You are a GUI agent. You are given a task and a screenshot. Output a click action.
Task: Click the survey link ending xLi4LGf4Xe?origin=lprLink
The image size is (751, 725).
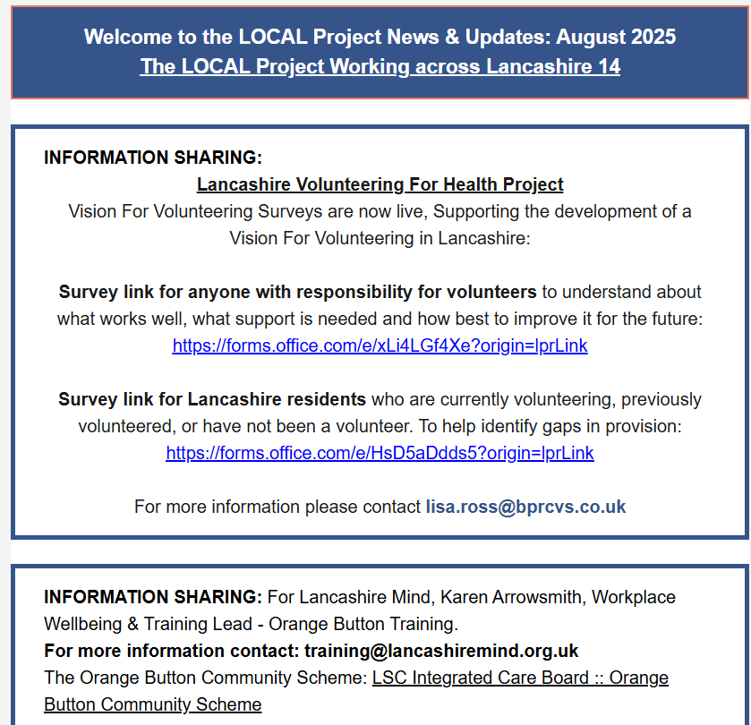tap(380, 345)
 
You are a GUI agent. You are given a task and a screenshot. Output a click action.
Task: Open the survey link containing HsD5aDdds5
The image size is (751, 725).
tap(380, 453)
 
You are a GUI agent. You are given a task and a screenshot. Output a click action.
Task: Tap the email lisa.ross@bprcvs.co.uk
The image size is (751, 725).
tap(525, 507)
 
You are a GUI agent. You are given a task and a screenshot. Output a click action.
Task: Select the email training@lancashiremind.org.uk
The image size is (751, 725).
tap(441, 651)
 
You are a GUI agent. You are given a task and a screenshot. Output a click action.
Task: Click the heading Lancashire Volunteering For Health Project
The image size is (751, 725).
tap(380, 184)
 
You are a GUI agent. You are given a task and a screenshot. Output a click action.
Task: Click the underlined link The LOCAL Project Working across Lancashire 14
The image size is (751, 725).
tap(380, 67)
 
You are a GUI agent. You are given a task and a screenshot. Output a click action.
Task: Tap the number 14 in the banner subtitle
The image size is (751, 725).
tap(609, 67)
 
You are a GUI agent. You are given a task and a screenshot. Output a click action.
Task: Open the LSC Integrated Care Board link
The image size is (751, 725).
tap(520, 678)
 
